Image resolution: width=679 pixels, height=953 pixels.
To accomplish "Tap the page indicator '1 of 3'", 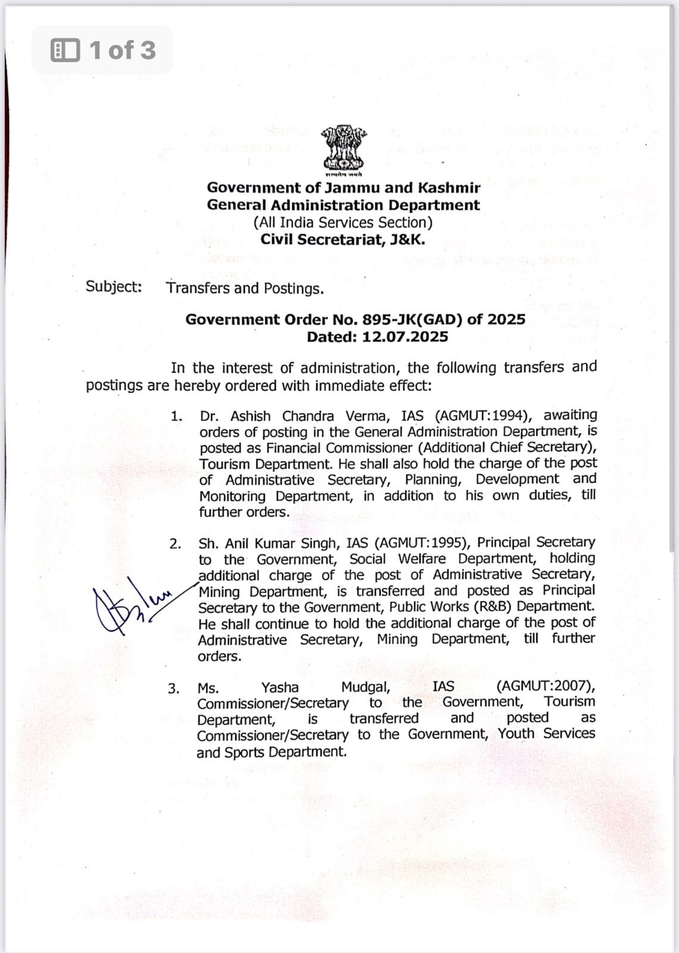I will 122,50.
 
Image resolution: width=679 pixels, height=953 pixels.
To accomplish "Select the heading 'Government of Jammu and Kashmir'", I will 343,188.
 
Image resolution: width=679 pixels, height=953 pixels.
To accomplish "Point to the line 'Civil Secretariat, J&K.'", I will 343,239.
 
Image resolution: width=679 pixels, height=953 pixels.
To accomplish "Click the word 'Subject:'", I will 114,286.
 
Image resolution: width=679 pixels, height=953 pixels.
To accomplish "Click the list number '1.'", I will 176,416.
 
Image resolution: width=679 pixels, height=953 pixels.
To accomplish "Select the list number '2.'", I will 175,544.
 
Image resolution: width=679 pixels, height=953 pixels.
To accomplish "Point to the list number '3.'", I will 173,689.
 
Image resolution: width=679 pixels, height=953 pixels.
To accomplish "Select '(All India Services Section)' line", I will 343,223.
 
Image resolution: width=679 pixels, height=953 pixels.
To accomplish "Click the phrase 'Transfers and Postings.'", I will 245,288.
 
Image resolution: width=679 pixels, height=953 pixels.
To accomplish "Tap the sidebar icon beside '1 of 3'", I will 65,50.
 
